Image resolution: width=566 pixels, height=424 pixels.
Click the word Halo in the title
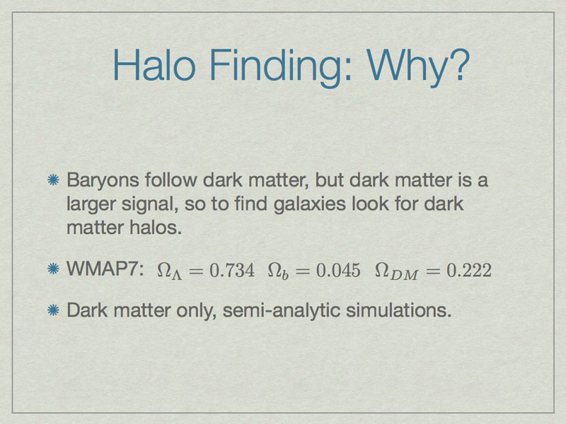click(x=154, y=65)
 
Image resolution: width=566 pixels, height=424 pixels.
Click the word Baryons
click(x=103, y=180)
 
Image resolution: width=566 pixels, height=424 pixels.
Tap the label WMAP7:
click(x=105, y=269)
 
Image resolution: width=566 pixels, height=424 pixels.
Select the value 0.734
click(x=232, y=270)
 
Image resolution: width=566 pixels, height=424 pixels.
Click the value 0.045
click(x=338, y=270)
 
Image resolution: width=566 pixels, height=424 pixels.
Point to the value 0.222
click(x=469, y=270)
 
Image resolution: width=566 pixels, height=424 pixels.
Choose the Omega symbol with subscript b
click(x=278, y=271)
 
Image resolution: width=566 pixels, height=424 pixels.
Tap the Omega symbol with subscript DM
click(x=396, y=271)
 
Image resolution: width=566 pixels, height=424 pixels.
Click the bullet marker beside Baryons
click(x=54, y=180)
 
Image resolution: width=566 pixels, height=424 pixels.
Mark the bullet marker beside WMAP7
click(x=54, y=269)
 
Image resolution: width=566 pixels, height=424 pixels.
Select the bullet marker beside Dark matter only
click(x=54, y=310)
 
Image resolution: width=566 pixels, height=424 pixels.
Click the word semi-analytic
click(x=282, y=311)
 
